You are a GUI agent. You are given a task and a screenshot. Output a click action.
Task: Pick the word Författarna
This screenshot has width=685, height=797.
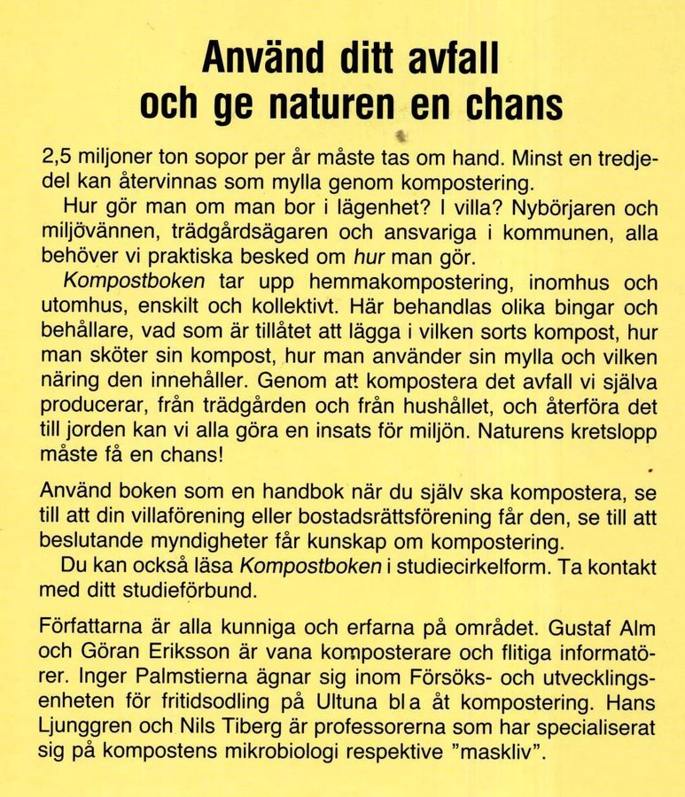pos(98,629)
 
